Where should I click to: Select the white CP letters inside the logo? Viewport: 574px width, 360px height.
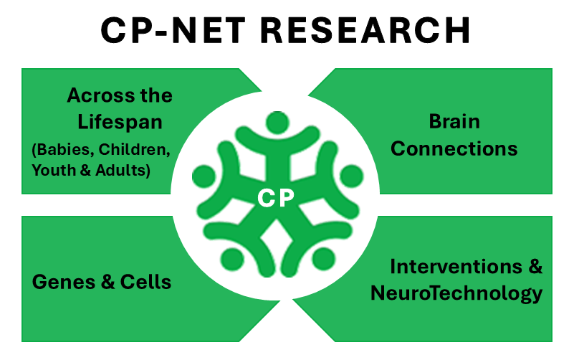pos(277,197)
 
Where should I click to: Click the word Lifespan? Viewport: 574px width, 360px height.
pos(120,122)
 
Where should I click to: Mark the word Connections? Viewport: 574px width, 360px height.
pos(454,148)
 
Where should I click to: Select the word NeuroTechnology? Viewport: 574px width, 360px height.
pos(456,293)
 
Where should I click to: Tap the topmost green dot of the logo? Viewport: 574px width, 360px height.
pos(276,123)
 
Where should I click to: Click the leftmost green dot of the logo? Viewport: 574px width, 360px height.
pos(204,175)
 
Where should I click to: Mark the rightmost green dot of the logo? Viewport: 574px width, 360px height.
pos(350,175)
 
